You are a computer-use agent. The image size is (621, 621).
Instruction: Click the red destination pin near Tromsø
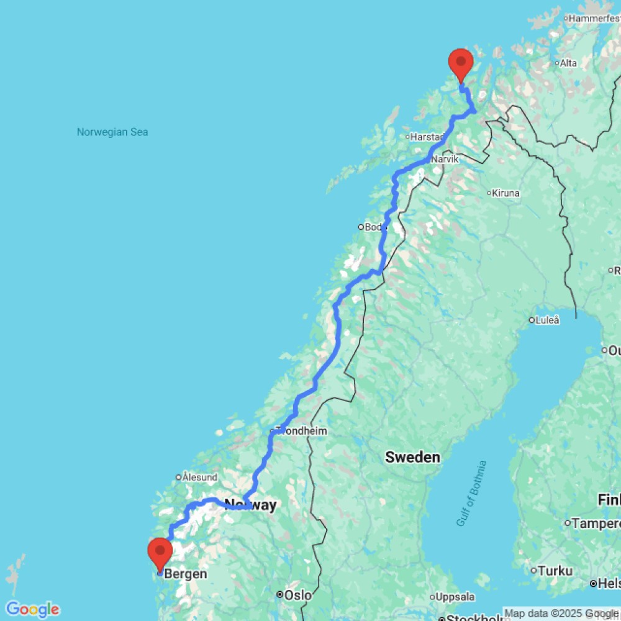click(461, 63)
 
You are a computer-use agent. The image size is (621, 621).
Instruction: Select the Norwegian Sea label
click(112, 132)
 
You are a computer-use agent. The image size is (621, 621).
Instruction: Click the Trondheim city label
click(302, 431)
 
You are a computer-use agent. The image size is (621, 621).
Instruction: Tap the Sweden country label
click(412, 458)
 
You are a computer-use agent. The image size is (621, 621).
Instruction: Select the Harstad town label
click(427, 137)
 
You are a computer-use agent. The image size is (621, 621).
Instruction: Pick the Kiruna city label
click(505, 193)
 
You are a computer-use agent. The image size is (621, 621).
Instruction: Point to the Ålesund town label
click(200, 478)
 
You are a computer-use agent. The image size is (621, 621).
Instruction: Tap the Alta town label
click(568, 63)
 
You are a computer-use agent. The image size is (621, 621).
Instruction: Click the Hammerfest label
click(593, 19)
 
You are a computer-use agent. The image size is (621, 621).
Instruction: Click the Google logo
click(32, 609)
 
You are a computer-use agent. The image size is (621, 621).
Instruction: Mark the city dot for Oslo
click(280, 595)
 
